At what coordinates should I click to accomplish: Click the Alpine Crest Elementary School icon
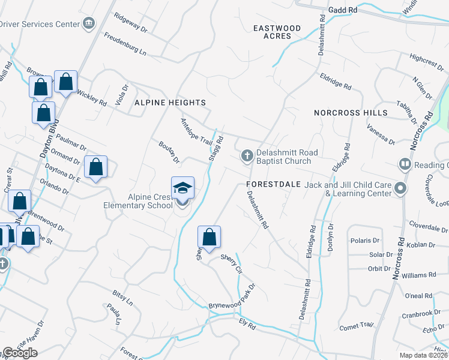(x=182, y=188)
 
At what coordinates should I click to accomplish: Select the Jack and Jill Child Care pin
(x=401, y=190)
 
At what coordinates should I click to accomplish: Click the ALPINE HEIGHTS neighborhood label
(x=170, y=103)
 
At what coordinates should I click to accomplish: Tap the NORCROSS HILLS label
(x=351, y=113)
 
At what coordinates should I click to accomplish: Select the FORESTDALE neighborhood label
(x=273, y=185)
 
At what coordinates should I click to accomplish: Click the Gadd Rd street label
(x=343, y=10)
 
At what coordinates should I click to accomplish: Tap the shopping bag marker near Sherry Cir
(x=209, y=237)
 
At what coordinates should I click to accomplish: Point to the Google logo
(x=20, y=353)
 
